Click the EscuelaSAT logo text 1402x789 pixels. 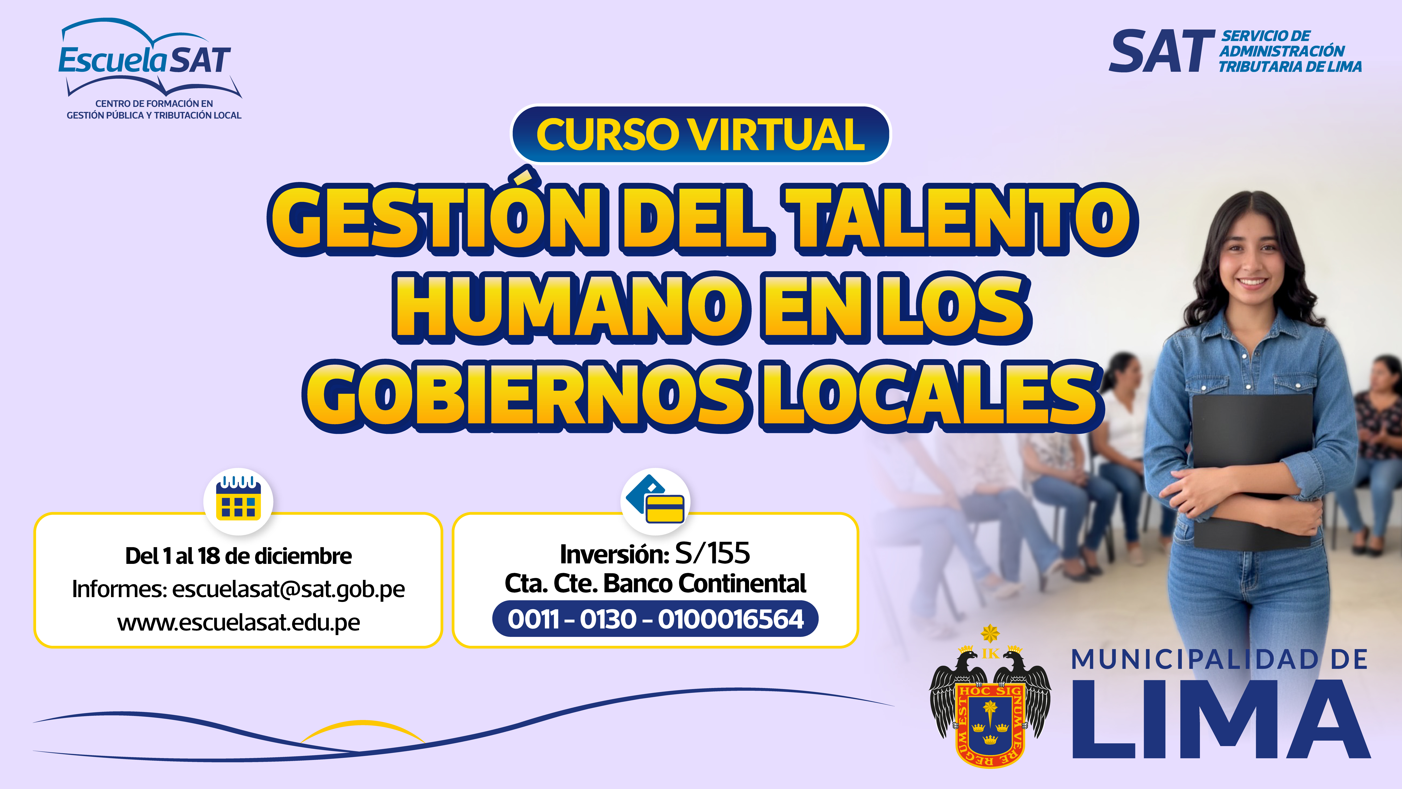(145, 60)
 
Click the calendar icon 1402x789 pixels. (238, 498)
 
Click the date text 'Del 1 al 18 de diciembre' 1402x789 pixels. (238, 556)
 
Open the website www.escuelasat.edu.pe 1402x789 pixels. (238, 622)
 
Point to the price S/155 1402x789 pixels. (712, 553)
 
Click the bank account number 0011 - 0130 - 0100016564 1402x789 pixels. (655, 619)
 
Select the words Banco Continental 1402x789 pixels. (705, 584)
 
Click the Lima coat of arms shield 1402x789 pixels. (990, 724)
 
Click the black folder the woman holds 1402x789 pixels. (1252, 468)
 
